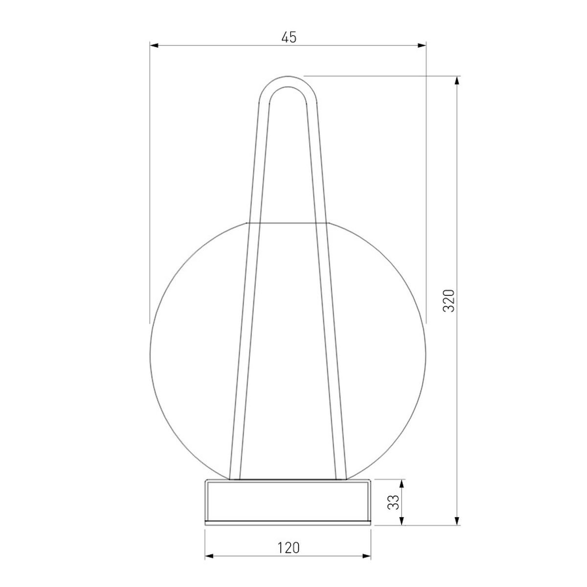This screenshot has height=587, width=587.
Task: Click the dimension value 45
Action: [x=288, y=37]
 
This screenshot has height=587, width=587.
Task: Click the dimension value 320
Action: [x=449, y=300]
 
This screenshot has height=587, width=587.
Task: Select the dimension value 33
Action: [x=394, y=502]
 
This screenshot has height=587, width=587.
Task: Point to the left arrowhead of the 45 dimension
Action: [x=154, y=45]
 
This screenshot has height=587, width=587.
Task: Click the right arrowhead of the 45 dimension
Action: [x=422, y=45]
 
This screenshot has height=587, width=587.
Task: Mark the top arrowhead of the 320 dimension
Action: [x=456, y=80]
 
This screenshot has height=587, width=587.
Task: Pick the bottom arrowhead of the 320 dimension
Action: [x=456, y=520]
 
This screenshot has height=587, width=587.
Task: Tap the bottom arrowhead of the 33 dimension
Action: [x=402, y=520]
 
